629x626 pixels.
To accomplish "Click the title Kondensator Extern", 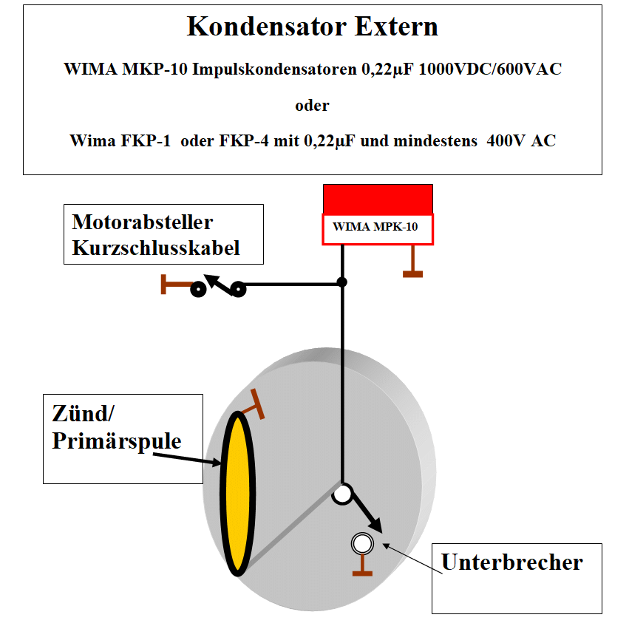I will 312,27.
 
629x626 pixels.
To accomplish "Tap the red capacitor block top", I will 378,199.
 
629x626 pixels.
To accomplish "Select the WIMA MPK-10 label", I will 376,228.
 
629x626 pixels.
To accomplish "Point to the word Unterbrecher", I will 511,562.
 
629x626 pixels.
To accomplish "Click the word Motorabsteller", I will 143,222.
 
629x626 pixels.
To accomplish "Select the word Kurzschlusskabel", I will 156,248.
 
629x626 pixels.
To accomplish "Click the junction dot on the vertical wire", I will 342,282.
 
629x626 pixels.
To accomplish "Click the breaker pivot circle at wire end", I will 342,493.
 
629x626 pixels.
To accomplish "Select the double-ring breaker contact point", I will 362,544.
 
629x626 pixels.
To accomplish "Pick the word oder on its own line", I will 312,105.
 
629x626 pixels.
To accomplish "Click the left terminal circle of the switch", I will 197,290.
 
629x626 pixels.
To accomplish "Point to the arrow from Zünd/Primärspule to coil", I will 188,459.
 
